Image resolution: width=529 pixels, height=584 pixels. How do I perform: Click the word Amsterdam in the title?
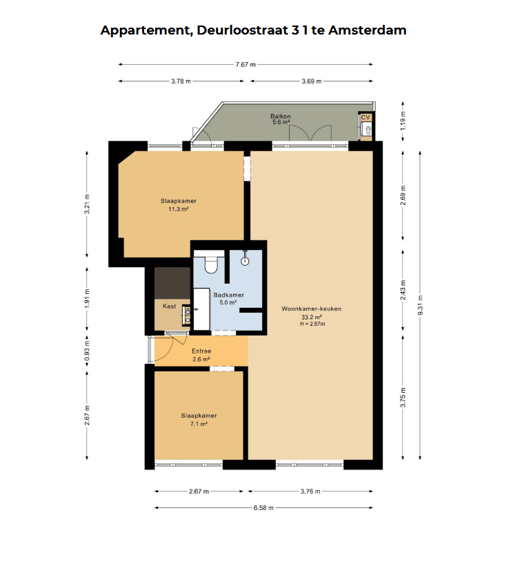367,30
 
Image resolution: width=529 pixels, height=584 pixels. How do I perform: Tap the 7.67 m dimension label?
246,64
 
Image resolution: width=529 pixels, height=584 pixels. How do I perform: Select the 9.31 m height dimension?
421,305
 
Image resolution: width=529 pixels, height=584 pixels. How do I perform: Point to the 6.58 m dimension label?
263,507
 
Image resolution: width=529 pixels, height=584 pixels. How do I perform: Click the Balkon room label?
281,116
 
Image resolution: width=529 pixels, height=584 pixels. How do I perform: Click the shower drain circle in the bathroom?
245,261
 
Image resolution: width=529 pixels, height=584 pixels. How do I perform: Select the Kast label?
169,306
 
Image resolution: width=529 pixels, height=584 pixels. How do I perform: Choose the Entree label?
201,351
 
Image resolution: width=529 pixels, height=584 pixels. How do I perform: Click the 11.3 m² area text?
178,209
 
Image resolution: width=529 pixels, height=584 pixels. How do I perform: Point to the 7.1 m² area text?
199,424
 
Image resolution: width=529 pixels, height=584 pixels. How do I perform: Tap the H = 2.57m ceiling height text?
312,324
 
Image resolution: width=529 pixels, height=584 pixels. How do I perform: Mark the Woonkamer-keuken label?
311,309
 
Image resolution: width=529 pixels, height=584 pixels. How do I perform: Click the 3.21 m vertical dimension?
87,204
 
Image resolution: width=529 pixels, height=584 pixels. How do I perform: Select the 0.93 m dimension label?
87,351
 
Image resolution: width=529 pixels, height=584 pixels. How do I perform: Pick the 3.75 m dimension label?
403,398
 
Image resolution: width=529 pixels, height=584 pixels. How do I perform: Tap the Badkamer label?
228,295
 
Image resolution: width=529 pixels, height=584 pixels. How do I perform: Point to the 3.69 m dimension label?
312,81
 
